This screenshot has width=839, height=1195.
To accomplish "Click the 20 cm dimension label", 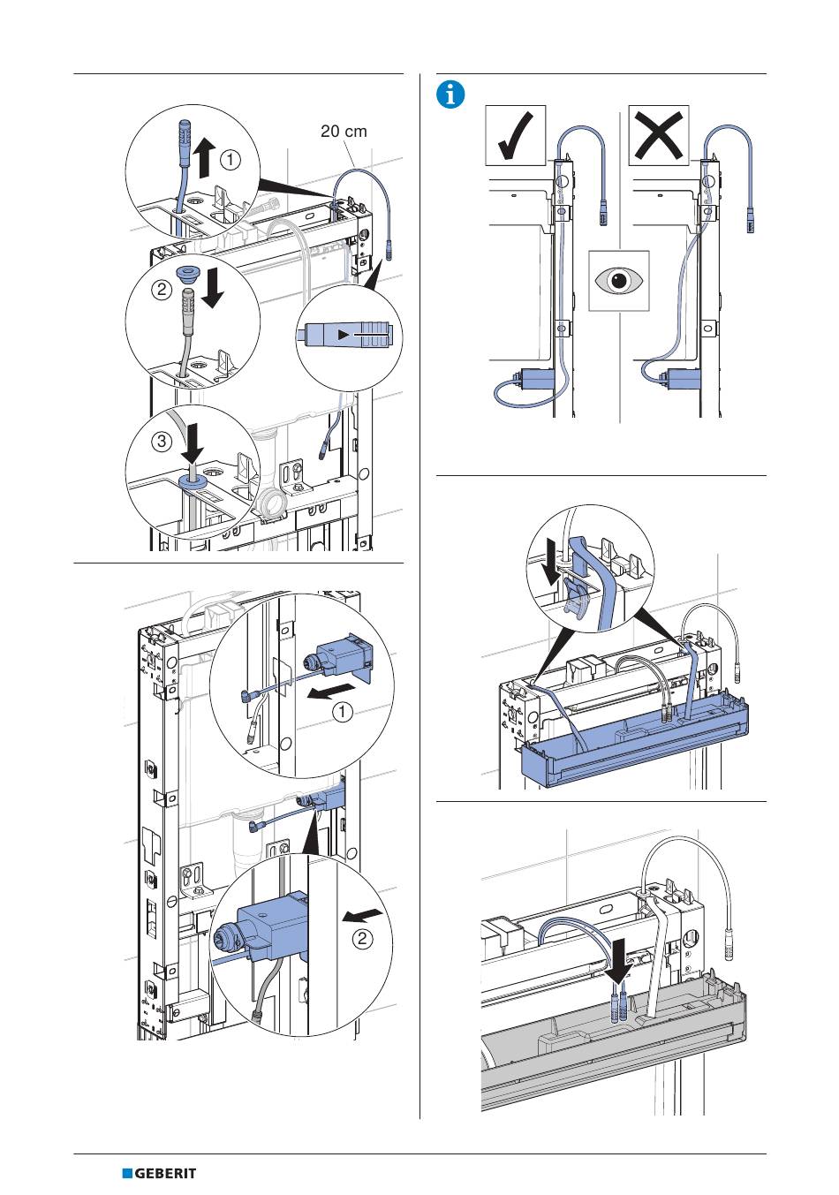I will click(344, 131).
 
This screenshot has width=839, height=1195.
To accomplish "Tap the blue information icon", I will click(451, 94).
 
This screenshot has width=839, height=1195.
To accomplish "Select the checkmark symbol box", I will click(516, 135).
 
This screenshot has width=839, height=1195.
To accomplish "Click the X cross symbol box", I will click(658, 135).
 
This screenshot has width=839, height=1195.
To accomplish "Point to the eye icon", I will click(619, 280).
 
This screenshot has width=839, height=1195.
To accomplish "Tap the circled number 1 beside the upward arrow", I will click(230, 159).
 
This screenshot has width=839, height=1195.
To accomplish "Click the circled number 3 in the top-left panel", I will click(162, 442).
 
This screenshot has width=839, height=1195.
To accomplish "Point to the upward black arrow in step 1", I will click(202, 157).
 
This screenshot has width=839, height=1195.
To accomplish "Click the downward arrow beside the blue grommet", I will click(211, 289).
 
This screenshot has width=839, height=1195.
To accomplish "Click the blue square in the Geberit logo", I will click(127, 1174).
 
